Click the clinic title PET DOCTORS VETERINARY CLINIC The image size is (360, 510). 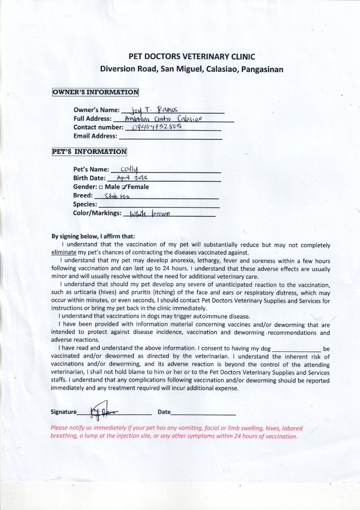[x=191, y=57]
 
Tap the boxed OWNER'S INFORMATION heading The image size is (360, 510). [x=95, y=92]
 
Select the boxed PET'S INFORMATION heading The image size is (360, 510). [x=89, y=152]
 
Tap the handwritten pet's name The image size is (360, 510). [x=129, y=169]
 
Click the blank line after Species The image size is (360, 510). [x=159, y=206]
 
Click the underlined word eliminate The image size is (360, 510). [x=63, y=252]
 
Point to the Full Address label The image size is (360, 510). [x=93, y=119]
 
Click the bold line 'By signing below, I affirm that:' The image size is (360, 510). [x=93, y=237]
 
